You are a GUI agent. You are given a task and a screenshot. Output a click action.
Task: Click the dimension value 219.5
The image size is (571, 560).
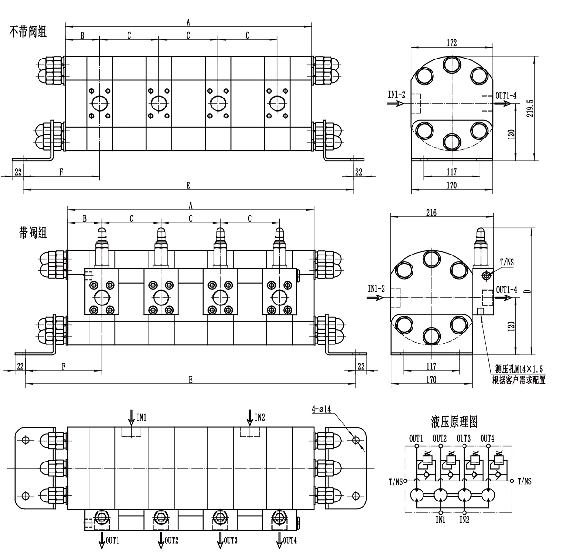click(x=530, y=108)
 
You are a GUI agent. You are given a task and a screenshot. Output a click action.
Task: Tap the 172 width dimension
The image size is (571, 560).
click(x=452, y=43)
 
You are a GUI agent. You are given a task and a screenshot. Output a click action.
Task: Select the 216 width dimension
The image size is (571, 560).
click(x=432, y=213)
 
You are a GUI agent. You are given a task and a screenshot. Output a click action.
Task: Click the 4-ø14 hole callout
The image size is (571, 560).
click(x=321, y=409)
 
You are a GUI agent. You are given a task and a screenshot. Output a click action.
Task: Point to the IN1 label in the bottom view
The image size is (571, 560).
click(x=141, y=417)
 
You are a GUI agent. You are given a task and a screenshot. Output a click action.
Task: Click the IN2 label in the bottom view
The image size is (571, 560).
click(x=260, y=417)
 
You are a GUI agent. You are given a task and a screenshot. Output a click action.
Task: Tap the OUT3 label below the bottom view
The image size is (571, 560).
click(x=231, y=541)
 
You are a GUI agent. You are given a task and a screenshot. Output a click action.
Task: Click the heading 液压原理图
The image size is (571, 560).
click(x=454, y=422)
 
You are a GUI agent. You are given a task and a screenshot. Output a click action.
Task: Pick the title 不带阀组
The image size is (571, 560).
click(x=28, y=32)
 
